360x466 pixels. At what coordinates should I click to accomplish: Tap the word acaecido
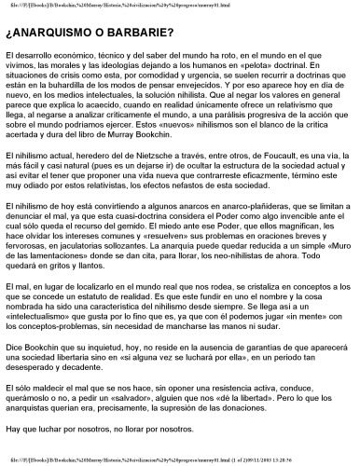point(148,120)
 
